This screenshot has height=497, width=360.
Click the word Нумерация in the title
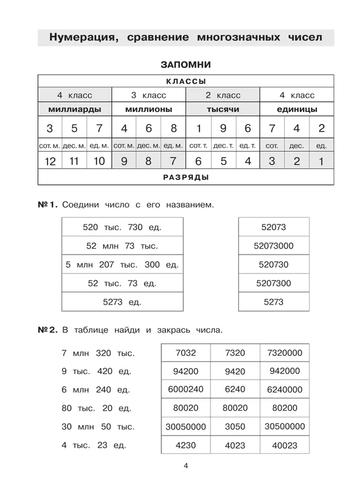83,38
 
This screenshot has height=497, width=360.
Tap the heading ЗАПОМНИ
186,65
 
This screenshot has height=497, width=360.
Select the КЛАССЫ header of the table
186,81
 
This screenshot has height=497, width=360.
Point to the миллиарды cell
74,109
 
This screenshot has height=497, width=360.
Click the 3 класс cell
148,95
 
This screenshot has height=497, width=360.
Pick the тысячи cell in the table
223,109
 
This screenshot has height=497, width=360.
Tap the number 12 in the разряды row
49,162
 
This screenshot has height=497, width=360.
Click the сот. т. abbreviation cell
198,146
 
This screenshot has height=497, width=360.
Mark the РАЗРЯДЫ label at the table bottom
186,178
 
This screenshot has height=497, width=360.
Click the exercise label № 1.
47,205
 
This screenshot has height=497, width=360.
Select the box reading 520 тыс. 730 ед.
122,227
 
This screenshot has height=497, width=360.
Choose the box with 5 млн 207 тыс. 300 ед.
122,265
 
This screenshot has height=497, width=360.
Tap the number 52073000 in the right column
274,246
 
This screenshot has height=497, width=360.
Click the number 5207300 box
274,283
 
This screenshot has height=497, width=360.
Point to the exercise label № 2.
47,330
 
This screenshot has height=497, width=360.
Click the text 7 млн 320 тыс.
97,353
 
